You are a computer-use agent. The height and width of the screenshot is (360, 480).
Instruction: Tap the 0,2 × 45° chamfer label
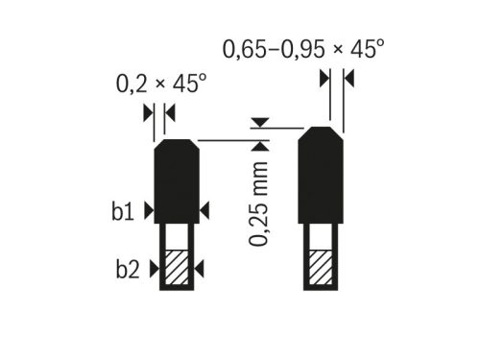(x=161, y=84)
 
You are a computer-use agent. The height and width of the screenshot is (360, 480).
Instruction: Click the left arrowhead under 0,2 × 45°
(x=148, y=112)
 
